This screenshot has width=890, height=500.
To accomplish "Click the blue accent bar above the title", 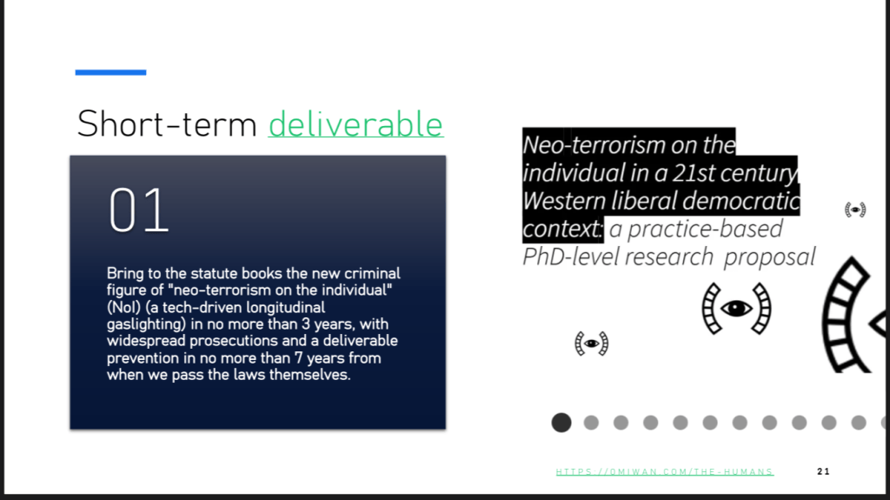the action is coord(110,72).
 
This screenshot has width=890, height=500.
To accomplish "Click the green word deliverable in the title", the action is coord(355,123).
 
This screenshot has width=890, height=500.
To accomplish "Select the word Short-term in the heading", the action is coord(167,123).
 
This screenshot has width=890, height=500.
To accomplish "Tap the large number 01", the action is coord(139,210).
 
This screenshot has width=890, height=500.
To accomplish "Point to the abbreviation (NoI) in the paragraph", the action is coord(123,307).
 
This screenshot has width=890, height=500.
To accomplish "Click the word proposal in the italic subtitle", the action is coord(770,257).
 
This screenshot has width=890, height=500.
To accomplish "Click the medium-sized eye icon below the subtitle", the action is coord(737,309).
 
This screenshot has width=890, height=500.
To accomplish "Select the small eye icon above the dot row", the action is coord(591,343).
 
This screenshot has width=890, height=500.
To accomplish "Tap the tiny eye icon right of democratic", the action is coord(855,210).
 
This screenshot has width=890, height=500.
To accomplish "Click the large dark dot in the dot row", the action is coord(561,422).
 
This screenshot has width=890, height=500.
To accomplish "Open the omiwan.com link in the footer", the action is coord(665,471).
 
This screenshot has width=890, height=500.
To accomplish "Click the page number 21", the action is coord(824,471).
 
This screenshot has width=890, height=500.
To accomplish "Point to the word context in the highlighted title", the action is coord(561,229).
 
